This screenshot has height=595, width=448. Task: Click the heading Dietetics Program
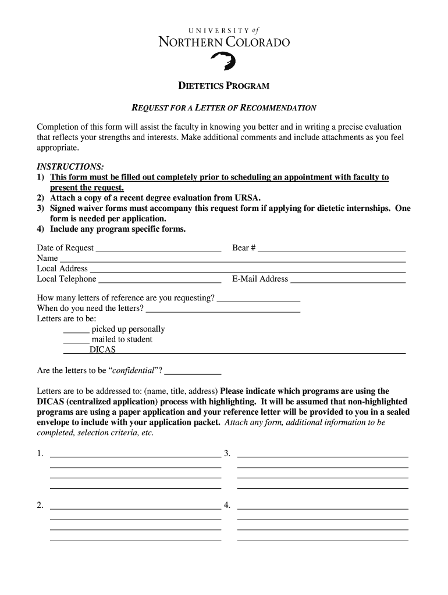(x=223, y=86)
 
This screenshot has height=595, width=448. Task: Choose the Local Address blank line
(x=247, y=270)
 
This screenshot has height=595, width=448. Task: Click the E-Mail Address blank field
(x=347, y=280)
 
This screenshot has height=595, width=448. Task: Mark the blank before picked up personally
(x=76, y=330)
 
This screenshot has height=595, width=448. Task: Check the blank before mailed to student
(x=76, y=340)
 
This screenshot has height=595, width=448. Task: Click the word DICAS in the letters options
(x=102, y=350)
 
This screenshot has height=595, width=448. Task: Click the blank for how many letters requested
(x=258, y=299)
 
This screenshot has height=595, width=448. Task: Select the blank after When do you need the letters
(x=223, y=310)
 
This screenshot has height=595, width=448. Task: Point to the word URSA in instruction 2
(x=247, y=198)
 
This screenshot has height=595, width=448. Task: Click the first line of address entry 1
(x=136, y=454)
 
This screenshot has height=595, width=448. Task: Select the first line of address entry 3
(x=323, y=454)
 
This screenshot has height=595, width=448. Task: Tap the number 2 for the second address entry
(x=40, y=505)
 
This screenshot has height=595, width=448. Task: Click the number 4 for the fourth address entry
(x=227, y=505)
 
